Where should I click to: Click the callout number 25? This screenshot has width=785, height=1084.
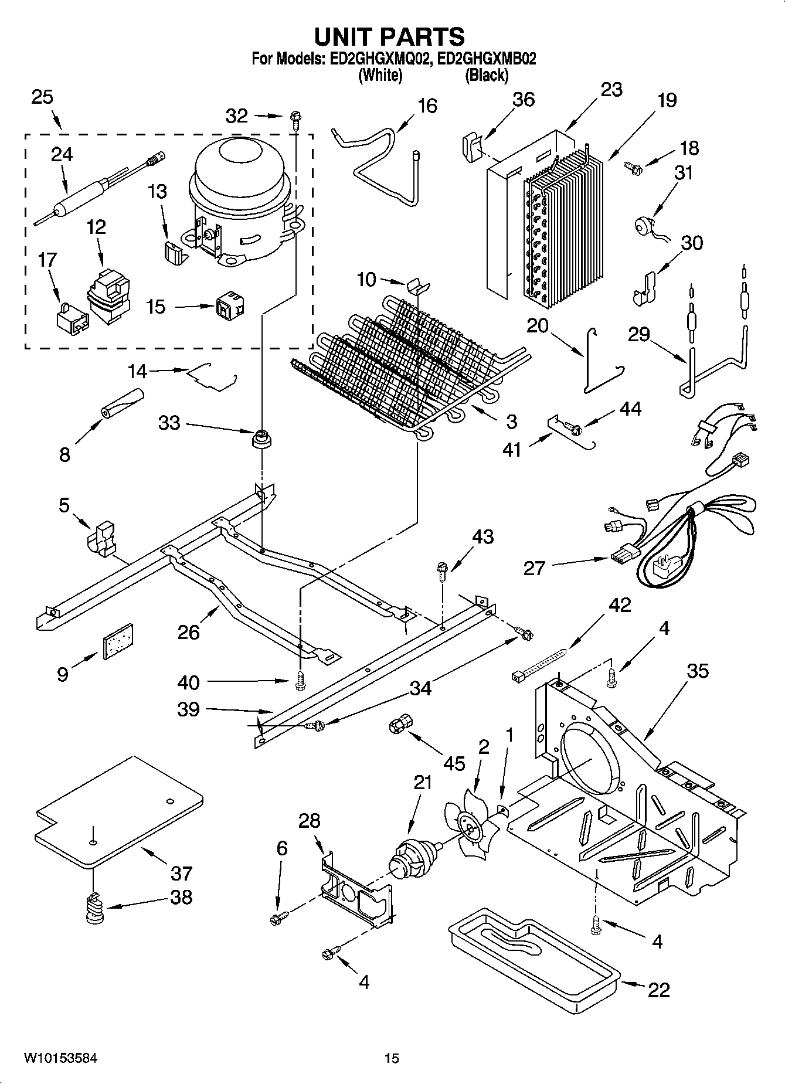point(42,97)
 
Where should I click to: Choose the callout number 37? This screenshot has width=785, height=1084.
point(181,874)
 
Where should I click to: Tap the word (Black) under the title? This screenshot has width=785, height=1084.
point(487,75)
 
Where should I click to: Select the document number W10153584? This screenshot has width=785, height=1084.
point(60,1058)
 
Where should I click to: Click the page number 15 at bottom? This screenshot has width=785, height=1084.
point(392,1058)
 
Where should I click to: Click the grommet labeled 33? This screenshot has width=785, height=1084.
point(261,439)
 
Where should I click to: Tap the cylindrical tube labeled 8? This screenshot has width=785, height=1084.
point(122,404)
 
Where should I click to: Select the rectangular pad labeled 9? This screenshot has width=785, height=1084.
point(118,641)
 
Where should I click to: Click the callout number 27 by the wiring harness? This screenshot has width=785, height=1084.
point(533,568)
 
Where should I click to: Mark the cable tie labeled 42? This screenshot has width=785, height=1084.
point(539,664)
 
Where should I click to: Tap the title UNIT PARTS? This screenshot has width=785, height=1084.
point(389,36)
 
